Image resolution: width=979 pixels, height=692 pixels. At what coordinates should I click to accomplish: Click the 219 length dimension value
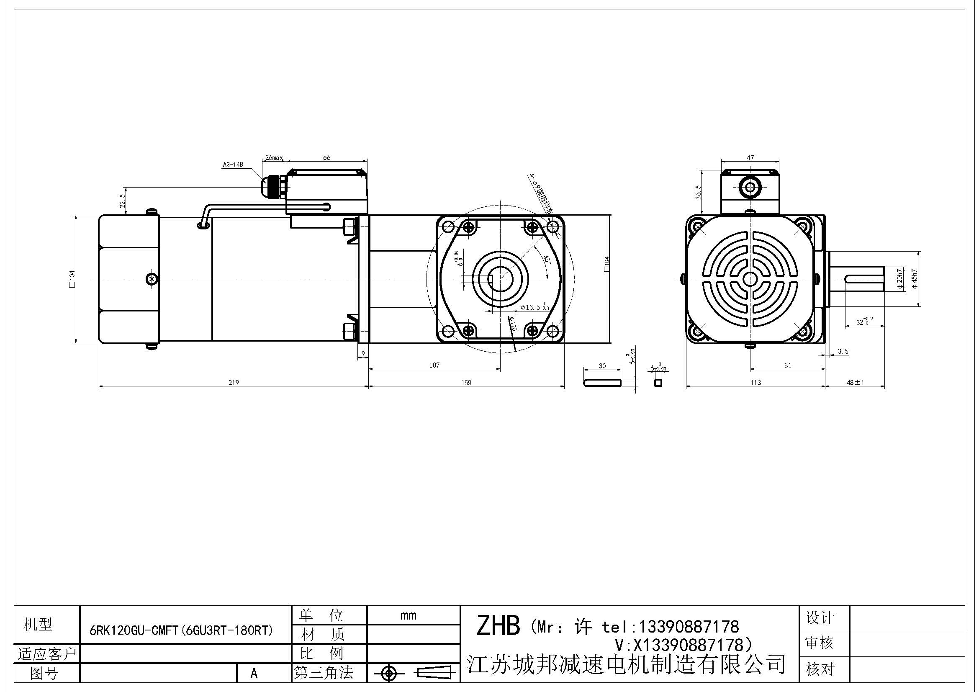[233, 383]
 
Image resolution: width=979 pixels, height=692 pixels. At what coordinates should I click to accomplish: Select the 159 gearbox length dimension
[466, 383]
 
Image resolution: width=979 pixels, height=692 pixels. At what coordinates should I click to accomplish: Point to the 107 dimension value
[434, 365]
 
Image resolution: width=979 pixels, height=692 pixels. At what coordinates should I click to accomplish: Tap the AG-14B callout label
[232, 165]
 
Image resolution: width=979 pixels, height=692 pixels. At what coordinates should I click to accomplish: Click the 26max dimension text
[273, 157]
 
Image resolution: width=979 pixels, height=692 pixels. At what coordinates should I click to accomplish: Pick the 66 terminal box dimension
[326, 157]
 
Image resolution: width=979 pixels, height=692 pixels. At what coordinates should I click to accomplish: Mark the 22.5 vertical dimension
[122, 201]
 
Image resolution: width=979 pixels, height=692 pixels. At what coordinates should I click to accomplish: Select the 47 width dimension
[750, 157]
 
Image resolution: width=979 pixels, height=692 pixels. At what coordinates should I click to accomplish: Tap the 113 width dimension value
[755, 383]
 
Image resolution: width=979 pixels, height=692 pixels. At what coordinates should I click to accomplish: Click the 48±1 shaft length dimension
[855, 383]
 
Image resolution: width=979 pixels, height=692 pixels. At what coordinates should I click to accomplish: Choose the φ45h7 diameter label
[915, 279]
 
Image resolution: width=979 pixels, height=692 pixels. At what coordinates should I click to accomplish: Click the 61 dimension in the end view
[787, 365]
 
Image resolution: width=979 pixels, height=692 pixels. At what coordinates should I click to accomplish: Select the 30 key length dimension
[602, 365]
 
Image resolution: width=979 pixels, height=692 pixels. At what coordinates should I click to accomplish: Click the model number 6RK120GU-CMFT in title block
[181, 630]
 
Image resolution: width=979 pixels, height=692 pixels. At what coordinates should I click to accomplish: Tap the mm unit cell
[408, 615]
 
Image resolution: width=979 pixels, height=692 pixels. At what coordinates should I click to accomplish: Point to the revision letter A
[254, 673]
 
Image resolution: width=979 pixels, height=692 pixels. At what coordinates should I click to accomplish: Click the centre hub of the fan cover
[750, 279]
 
